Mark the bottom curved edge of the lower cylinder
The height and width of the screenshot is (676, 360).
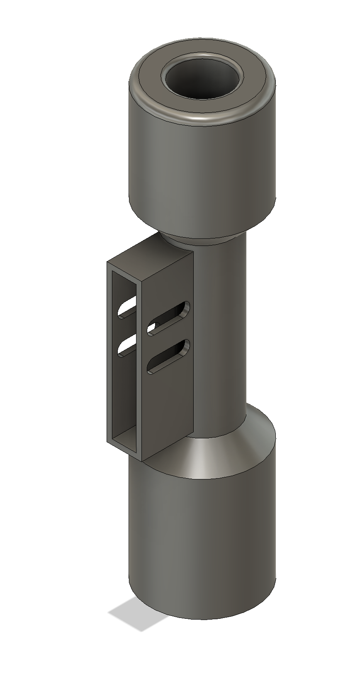point(199,618)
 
